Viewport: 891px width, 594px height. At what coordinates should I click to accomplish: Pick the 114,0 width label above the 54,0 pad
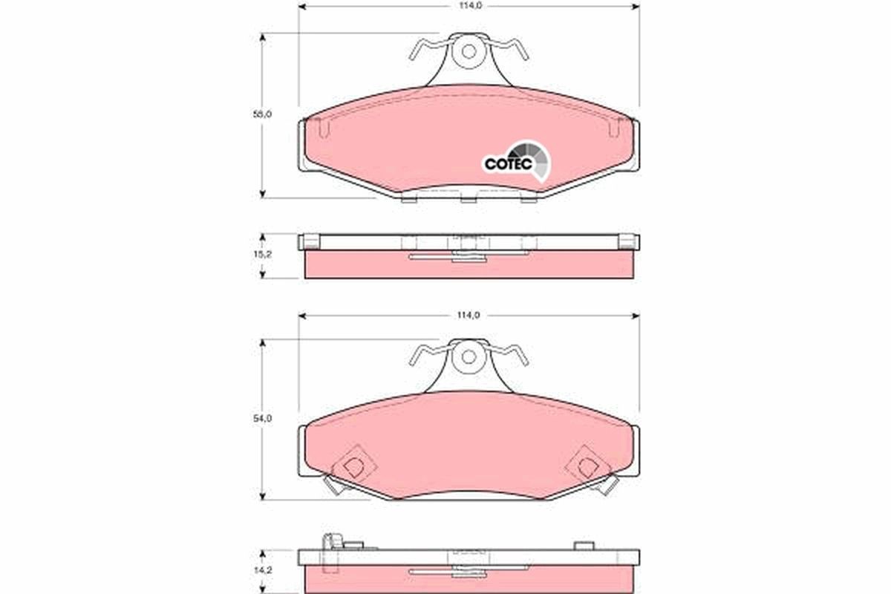[x=469, y=315]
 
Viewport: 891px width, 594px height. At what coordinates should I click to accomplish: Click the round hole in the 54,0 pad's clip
[x=468, y=356]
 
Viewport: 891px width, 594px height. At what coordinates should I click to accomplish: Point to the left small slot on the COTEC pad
[x=322, y=129]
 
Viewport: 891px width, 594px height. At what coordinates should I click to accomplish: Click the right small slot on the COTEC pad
[x=613, y=129]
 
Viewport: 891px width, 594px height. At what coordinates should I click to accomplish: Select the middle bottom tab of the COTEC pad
[x=468, y=198]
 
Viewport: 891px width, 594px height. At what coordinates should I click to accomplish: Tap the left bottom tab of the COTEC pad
[x=408, y=198]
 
